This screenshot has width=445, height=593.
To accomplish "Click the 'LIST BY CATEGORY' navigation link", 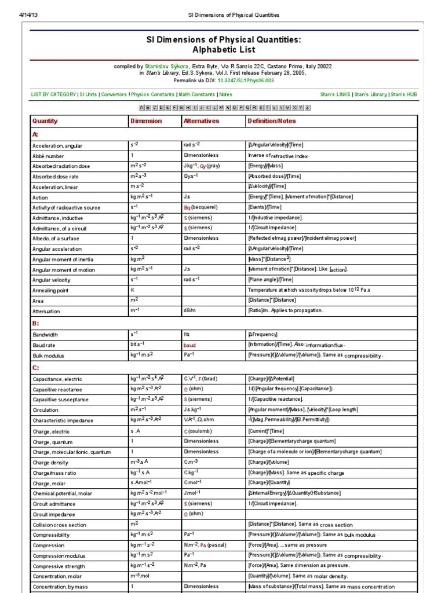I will tap(53, 94).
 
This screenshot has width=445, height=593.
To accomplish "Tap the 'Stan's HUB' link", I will tap(403, 94).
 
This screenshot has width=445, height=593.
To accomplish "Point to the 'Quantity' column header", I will tap(45, 121).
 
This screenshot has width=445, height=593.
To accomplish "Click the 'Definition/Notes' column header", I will tap(271, 121).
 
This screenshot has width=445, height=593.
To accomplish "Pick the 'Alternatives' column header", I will tap(201, 121).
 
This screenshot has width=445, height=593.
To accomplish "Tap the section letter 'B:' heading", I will tap(35, 323).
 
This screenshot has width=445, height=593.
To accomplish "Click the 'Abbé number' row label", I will tap(49, 156).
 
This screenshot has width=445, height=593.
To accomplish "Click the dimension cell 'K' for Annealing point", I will tap(132, 290).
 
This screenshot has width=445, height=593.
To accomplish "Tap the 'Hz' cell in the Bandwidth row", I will tap(187, 334).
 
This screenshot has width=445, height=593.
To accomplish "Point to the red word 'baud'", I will tap(190, 345).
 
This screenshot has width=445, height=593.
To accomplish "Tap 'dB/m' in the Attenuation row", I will tap(190, 311).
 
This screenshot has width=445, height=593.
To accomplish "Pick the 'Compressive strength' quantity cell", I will tap(59, 566).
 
